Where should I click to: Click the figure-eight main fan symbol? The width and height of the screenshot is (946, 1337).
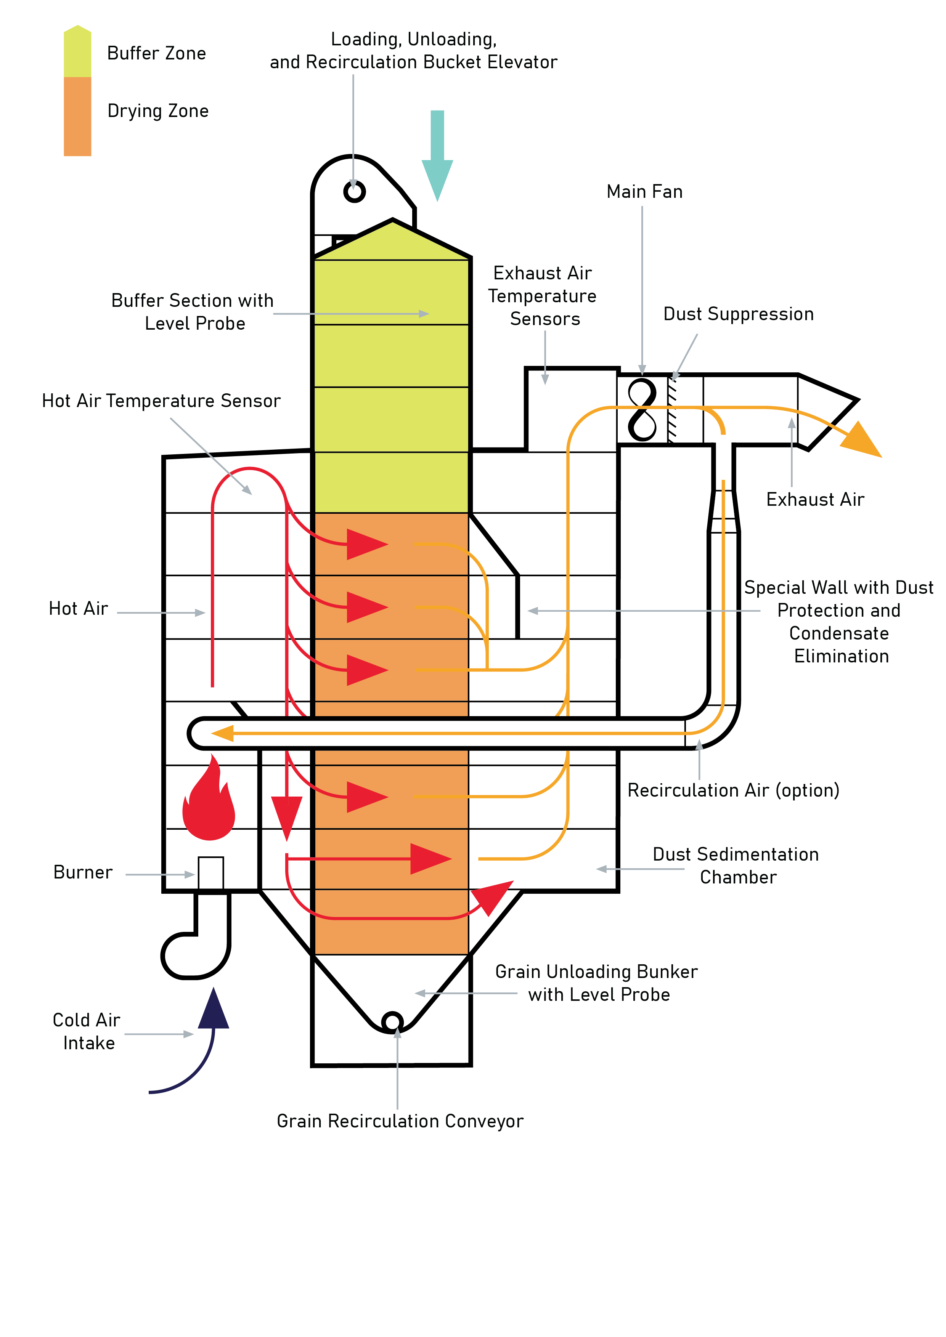642,409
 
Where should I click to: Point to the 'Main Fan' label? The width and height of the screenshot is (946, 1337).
644,192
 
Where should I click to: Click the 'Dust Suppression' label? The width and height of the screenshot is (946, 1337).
738,314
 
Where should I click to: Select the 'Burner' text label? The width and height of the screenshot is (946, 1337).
83,872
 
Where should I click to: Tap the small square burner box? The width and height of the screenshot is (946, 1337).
210,872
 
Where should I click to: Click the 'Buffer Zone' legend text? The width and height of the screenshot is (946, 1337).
156,54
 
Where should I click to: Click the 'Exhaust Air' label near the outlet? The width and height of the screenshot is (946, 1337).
815,500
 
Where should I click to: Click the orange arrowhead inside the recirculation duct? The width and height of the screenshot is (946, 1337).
223,733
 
